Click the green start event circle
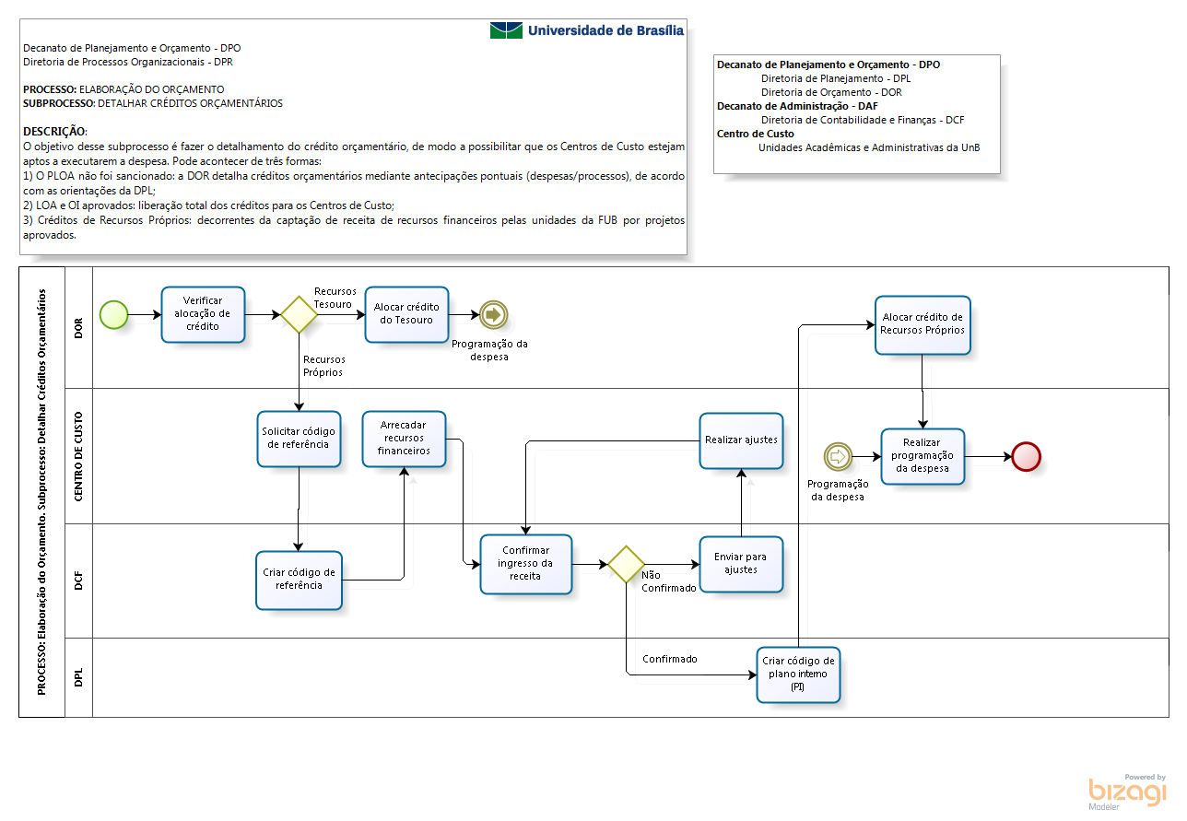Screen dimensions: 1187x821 coord(114,314)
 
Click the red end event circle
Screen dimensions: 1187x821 coord(1027,457)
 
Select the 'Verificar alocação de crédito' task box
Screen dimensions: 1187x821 coord(203,314)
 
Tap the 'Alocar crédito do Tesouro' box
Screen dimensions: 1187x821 coord(406,314)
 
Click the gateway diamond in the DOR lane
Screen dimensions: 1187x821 coord(299,314)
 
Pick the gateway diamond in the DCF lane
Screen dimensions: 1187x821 coord(626,564)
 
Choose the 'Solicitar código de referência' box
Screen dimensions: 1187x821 coord(299,440)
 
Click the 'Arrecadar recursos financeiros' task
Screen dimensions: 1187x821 coord(404,440)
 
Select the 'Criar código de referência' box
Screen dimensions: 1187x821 coord(299,580)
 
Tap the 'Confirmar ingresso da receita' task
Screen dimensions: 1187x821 coord(525,564)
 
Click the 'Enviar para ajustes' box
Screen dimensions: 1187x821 coord(741,564)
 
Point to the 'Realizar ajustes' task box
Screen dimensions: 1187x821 coord(741,440)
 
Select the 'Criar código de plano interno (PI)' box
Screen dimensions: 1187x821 coord(798,674)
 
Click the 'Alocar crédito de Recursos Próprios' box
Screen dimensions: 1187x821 coord(923,324)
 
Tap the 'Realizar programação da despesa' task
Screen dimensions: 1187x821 coord(923,456)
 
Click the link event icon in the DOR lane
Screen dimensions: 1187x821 coord(493,314)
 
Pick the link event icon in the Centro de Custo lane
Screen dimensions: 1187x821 coord(838,457)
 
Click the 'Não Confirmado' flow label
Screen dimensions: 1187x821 coord(668,581)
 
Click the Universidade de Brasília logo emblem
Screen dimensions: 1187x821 coord(506,30)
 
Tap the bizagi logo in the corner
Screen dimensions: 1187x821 coord(1127,792)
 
